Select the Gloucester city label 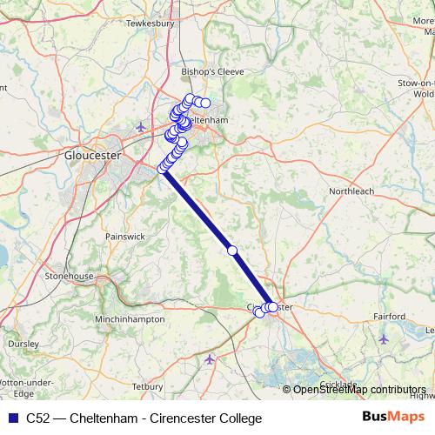(91, 156)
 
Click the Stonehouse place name (69, 276)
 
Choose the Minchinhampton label (131, 319)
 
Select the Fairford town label (389, 316)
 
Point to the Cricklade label (338, 384)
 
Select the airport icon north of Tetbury (209, 358)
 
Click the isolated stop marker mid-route (232, 251)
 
